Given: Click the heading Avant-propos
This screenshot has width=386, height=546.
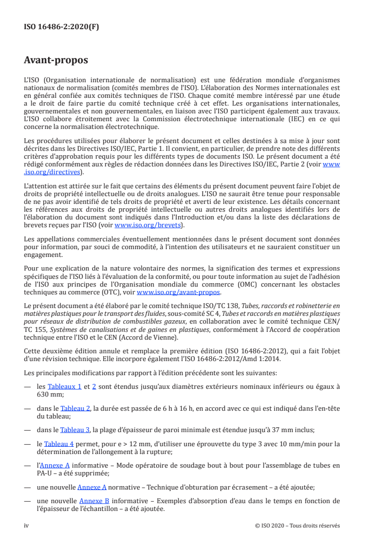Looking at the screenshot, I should pos(56,60).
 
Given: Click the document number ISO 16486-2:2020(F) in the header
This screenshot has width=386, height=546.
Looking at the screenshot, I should pos(61,27).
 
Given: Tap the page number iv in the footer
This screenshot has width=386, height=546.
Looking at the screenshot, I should pos(27,526).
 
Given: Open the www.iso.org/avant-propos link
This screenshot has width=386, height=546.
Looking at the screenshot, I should pos(179,292).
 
